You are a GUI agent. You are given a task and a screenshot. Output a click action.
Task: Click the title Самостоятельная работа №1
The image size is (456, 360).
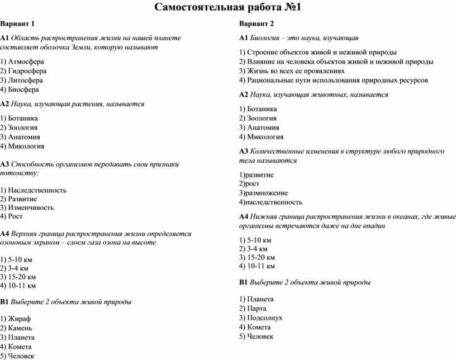pyautogui.click(x=227, y=7)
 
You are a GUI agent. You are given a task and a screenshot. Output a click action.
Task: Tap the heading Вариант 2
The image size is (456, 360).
pyautogui.click(x=256, y=23)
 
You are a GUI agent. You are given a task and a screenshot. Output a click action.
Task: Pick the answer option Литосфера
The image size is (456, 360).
pyautogui.click(x=26, y=80)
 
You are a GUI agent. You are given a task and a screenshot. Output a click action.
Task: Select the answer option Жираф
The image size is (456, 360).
pyautogui.click(x=20, y=319)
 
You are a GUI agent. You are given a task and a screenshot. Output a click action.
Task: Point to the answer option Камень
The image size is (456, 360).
pyautogui.click(x=21, y=328)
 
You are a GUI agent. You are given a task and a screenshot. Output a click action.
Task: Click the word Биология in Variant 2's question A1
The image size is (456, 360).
pyautogui.click(x=265, y=37)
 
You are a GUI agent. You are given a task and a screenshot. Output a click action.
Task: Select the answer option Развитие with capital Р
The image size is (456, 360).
pyautogui.click(x=23, y=198)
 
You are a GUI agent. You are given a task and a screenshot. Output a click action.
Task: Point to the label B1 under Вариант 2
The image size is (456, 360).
pyautogui.click(x=243, y=282)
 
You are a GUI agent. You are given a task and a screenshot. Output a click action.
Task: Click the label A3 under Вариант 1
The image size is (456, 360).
pyautogui.click(x=5, y=164)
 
